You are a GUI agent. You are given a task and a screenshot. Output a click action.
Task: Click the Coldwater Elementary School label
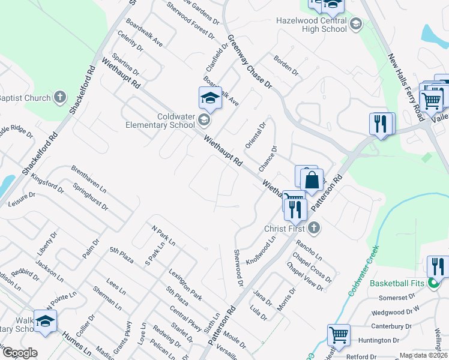click(159, 121)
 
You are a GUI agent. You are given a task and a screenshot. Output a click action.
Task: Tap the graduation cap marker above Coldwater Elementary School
click(211, 98)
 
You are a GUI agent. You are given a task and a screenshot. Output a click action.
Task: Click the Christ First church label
click(285, 229)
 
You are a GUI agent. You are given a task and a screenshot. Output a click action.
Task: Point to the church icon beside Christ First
click(314, 228)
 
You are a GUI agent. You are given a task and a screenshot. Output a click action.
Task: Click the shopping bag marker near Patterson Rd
click(312, 181)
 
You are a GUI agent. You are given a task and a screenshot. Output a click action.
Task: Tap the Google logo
click(19, 353)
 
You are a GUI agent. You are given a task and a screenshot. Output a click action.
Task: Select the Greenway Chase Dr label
click(249, 62)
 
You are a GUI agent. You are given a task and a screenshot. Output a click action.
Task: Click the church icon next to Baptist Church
click(60, 97)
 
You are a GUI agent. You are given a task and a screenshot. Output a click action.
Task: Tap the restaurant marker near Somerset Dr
click(438, 267)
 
